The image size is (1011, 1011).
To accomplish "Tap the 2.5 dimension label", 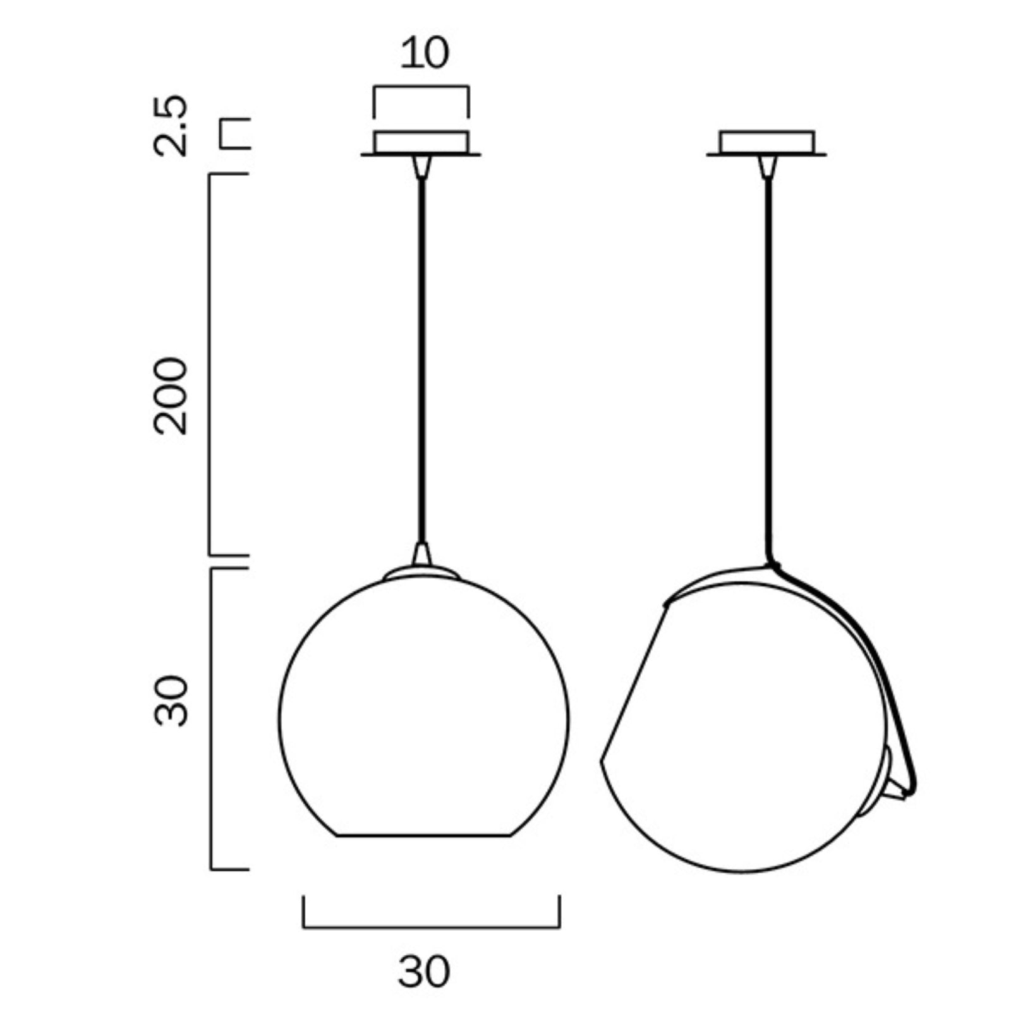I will [171, 125].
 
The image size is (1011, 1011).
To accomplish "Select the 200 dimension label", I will [171, 396].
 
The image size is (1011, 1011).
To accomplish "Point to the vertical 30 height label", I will [171, 701].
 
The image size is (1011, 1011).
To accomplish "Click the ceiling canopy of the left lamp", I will [421, 143].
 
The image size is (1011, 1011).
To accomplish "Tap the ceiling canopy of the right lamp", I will [766, 143].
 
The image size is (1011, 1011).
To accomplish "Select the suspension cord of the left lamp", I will [421, 354].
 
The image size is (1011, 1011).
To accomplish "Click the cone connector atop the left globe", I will [421, 554].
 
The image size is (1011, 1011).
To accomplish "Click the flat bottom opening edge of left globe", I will [423, 836].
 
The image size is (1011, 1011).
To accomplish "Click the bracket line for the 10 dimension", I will [421, 88].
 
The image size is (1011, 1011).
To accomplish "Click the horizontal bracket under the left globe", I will [431, 928].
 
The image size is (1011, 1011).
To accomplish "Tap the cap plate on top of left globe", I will [421, 572].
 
